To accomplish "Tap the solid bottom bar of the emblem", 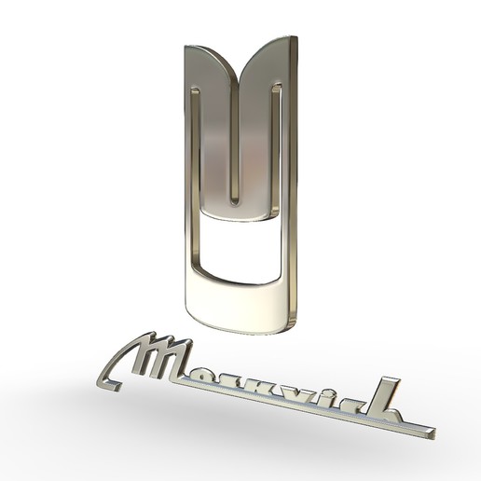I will [240, 303].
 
